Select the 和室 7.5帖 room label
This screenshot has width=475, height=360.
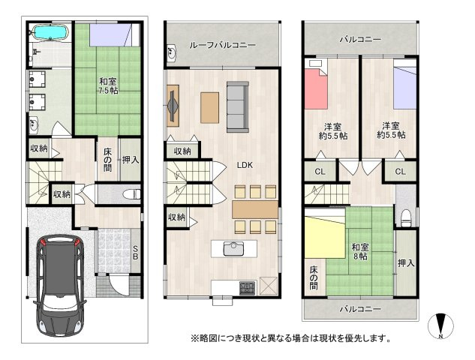(x=107, y=85)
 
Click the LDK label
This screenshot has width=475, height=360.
(x=245, y=165)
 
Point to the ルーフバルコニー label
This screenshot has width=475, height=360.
(x=224, y=45)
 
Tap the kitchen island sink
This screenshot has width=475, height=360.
(x=233, y=247)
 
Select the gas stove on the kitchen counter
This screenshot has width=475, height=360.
(x=246, y=288)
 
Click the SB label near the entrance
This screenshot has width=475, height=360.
(x=135, y=253)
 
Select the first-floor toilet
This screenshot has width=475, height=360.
(x=129, y=193)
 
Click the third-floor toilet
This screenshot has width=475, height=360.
(x=405, y=216)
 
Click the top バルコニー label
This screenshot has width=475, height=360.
(x=359, y=39)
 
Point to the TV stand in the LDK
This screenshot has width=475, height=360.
(x=173, y=105)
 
